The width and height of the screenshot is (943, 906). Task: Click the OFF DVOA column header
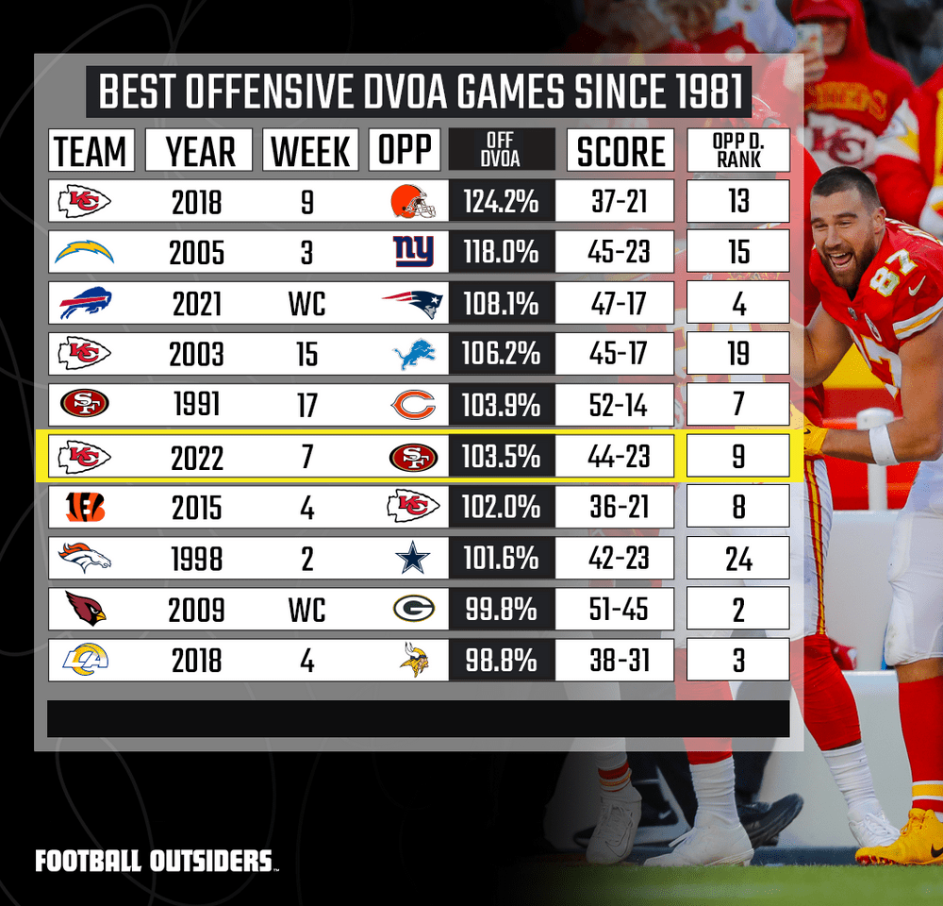point(501,151)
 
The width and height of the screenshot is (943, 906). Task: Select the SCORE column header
point(620,151)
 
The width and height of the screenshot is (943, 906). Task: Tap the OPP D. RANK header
point(737,151)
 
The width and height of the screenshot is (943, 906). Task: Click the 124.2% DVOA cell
point(501,202)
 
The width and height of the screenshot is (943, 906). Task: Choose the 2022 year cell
point(198,457)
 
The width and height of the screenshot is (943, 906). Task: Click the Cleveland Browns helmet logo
point(412,201)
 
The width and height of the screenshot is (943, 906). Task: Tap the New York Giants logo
point(412,252)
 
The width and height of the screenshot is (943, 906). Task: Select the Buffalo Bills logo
point(85,304)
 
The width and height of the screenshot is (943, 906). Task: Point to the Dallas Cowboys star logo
point(413,559)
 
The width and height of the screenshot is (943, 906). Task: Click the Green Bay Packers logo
point(413,610)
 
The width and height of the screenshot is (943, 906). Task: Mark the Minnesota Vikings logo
point(413,661)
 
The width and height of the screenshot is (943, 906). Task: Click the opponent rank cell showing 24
point(737,559)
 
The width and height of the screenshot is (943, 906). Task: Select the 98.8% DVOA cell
point(501,661)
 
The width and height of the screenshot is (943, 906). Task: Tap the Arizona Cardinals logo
point(85,610)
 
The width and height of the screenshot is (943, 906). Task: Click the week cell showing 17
point(307,406)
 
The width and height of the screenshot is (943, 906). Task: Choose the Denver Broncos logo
point(85,559)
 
